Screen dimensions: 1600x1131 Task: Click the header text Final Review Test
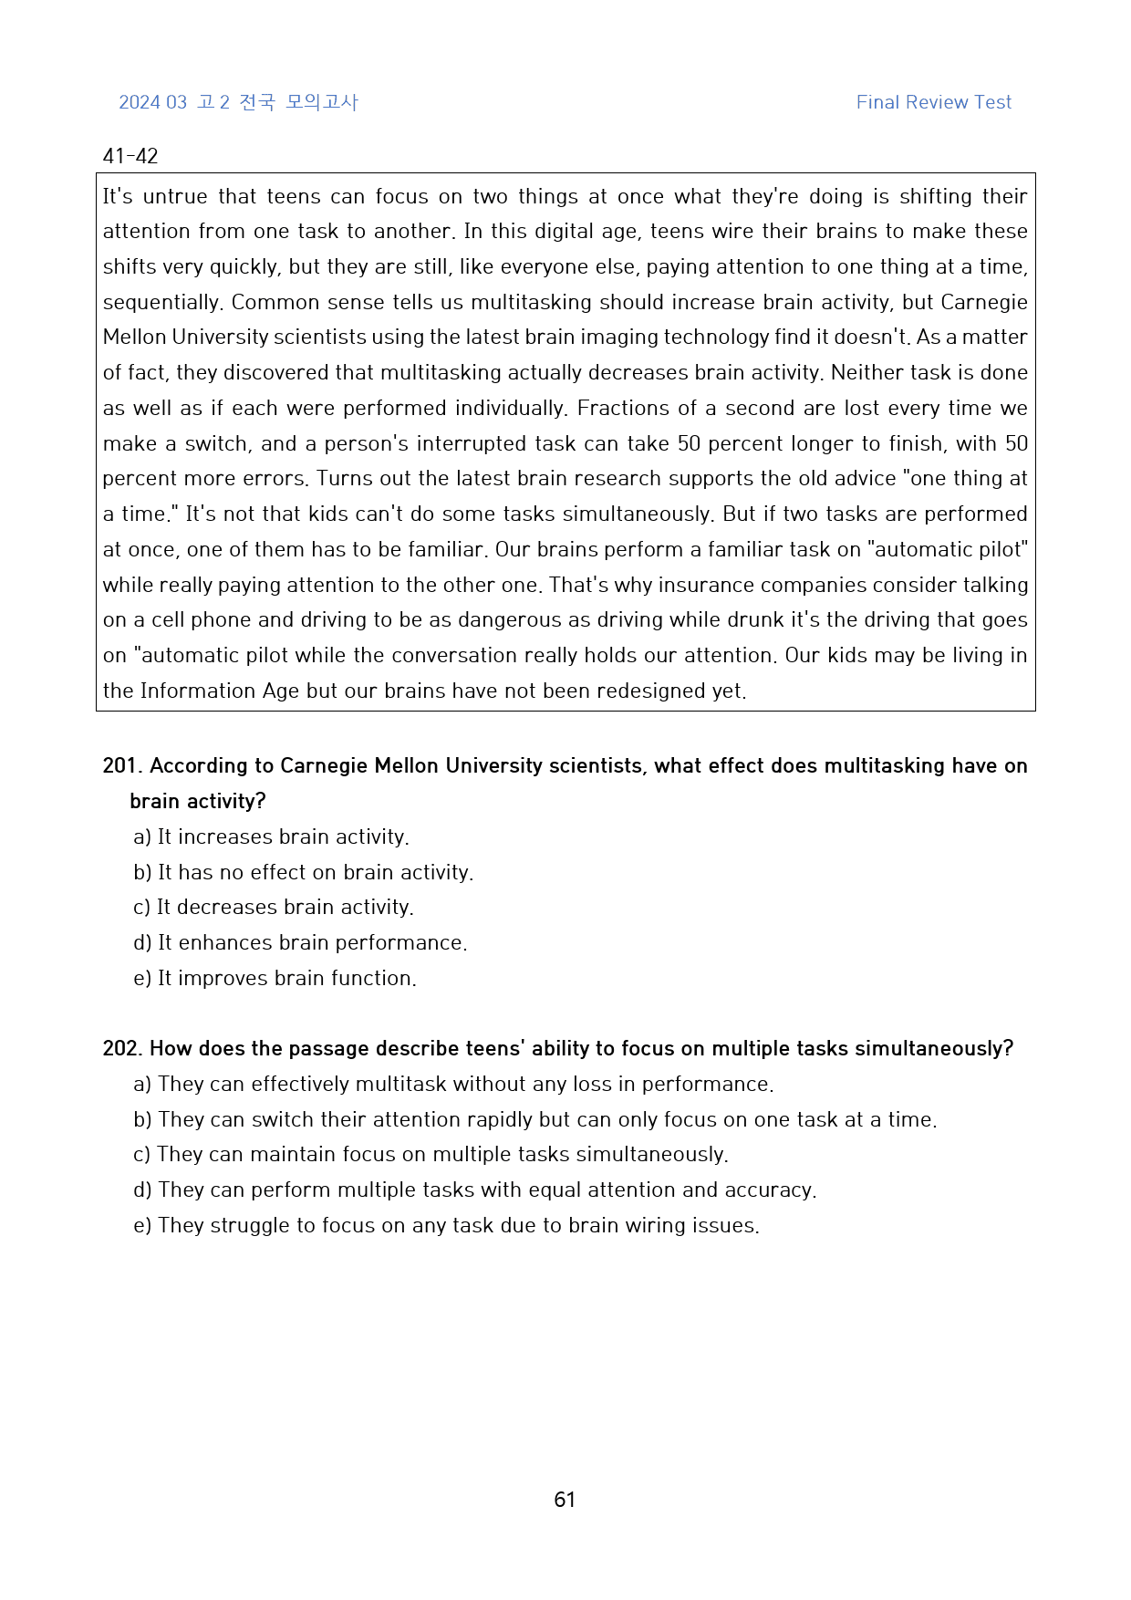coord(933,102)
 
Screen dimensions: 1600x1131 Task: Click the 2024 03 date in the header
coord(152,102)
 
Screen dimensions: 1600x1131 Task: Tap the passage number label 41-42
coord(130,156)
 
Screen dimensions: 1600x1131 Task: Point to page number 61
coord(565,1500)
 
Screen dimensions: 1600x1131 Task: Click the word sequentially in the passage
coord(161,302)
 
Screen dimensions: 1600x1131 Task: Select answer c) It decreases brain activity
coord(274,907)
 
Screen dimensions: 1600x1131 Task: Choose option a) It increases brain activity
coord(271,836)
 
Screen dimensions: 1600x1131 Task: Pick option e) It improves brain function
coord(275,978)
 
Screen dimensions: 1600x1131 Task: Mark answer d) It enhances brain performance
coord(300,942)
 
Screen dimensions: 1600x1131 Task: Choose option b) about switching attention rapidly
coord(534,1119)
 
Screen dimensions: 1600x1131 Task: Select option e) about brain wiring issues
coord(446,1225)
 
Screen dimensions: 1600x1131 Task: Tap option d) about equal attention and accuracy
coord(474,1190)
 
